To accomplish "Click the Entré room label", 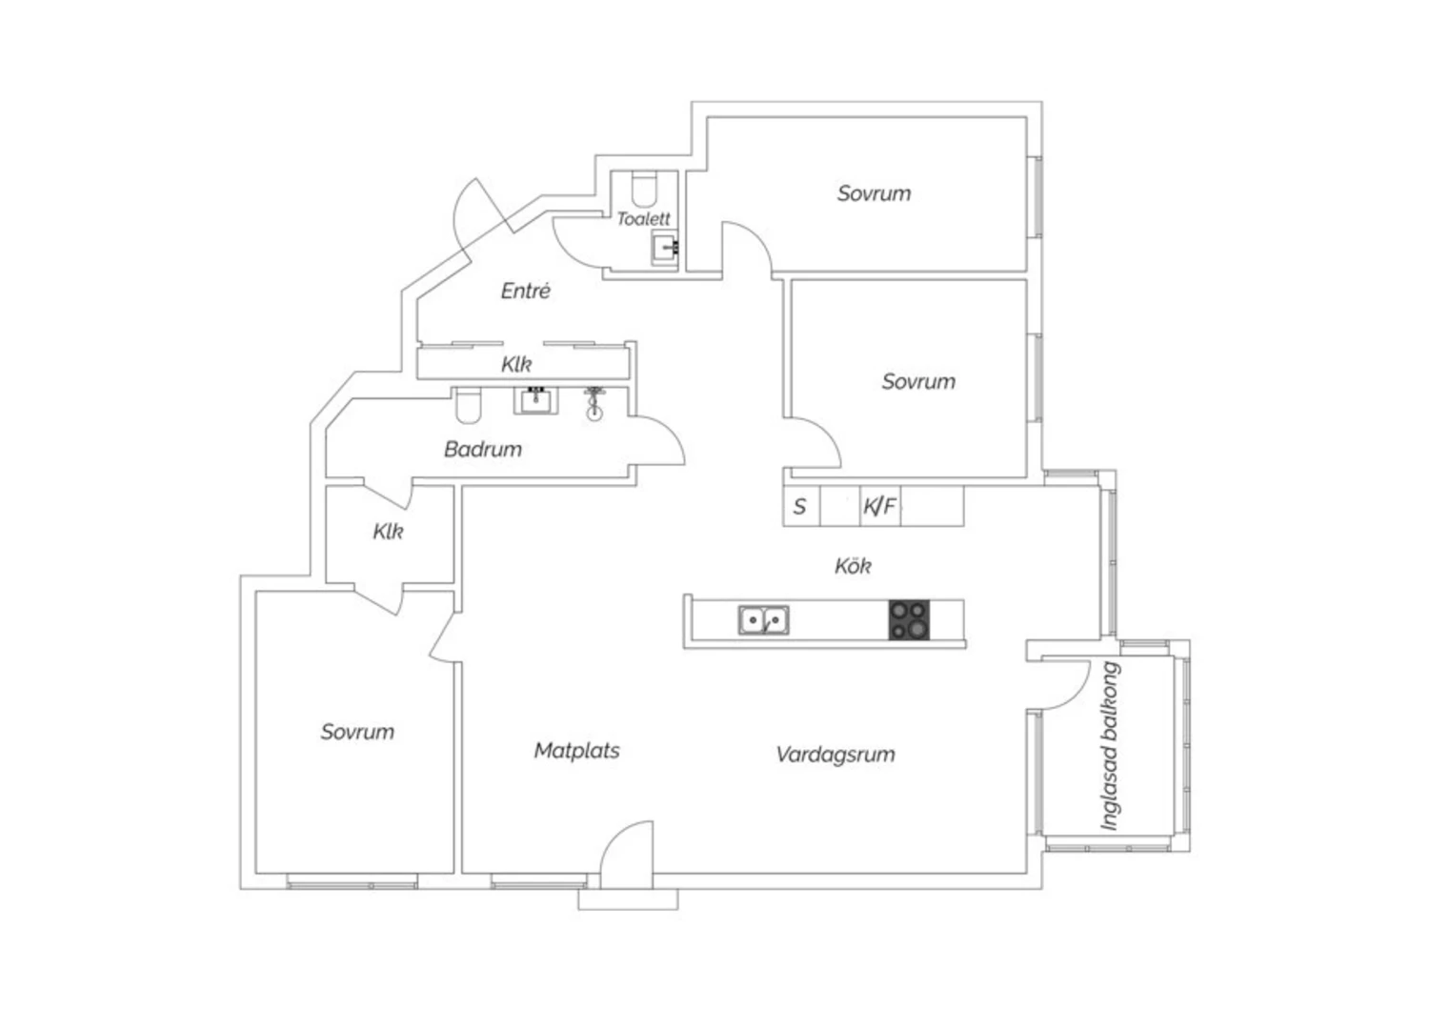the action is (525, 291).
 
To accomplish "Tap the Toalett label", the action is (643, 219).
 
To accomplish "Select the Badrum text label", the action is (483, 449).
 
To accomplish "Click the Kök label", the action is (853, 565).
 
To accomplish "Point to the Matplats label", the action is (576, 750).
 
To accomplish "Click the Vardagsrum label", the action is (835, 754).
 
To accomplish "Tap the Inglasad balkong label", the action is (1111, 746).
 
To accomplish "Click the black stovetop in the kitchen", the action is (909, 620).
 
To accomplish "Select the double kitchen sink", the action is (764, 620).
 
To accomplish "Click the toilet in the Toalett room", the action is (644, 188).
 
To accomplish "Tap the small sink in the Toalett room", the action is (665, 247).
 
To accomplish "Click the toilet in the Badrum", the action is (468, 406).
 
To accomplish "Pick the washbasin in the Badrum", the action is (535, 401).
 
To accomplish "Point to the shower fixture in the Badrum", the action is (594, 403).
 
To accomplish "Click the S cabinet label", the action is (799, 507).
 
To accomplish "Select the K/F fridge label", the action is (879, 507).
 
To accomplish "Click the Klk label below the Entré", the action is (516, 364).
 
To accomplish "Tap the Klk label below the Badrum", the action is (388, 532).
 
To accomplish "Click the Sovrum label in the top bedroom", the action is (874, 193).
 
